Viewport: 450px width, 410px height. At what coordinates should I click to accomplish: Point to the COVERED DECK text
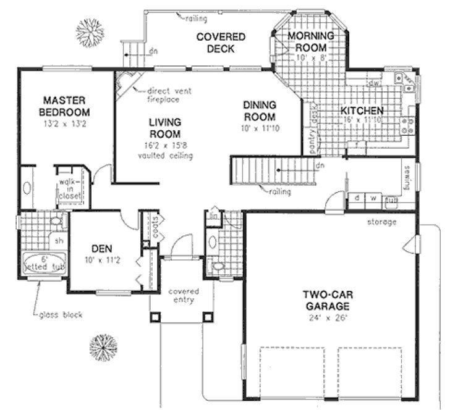(x=221, y=43)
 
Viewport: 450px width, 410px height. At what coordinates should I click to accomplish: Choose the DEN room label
(x=101, y=248)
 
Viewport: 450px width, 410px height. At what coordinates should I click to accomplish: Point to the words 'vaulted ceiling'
(x=164, y=156)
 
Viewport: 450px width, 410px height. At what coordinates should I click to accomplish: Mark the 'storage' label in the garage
(x=382, y=222)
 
